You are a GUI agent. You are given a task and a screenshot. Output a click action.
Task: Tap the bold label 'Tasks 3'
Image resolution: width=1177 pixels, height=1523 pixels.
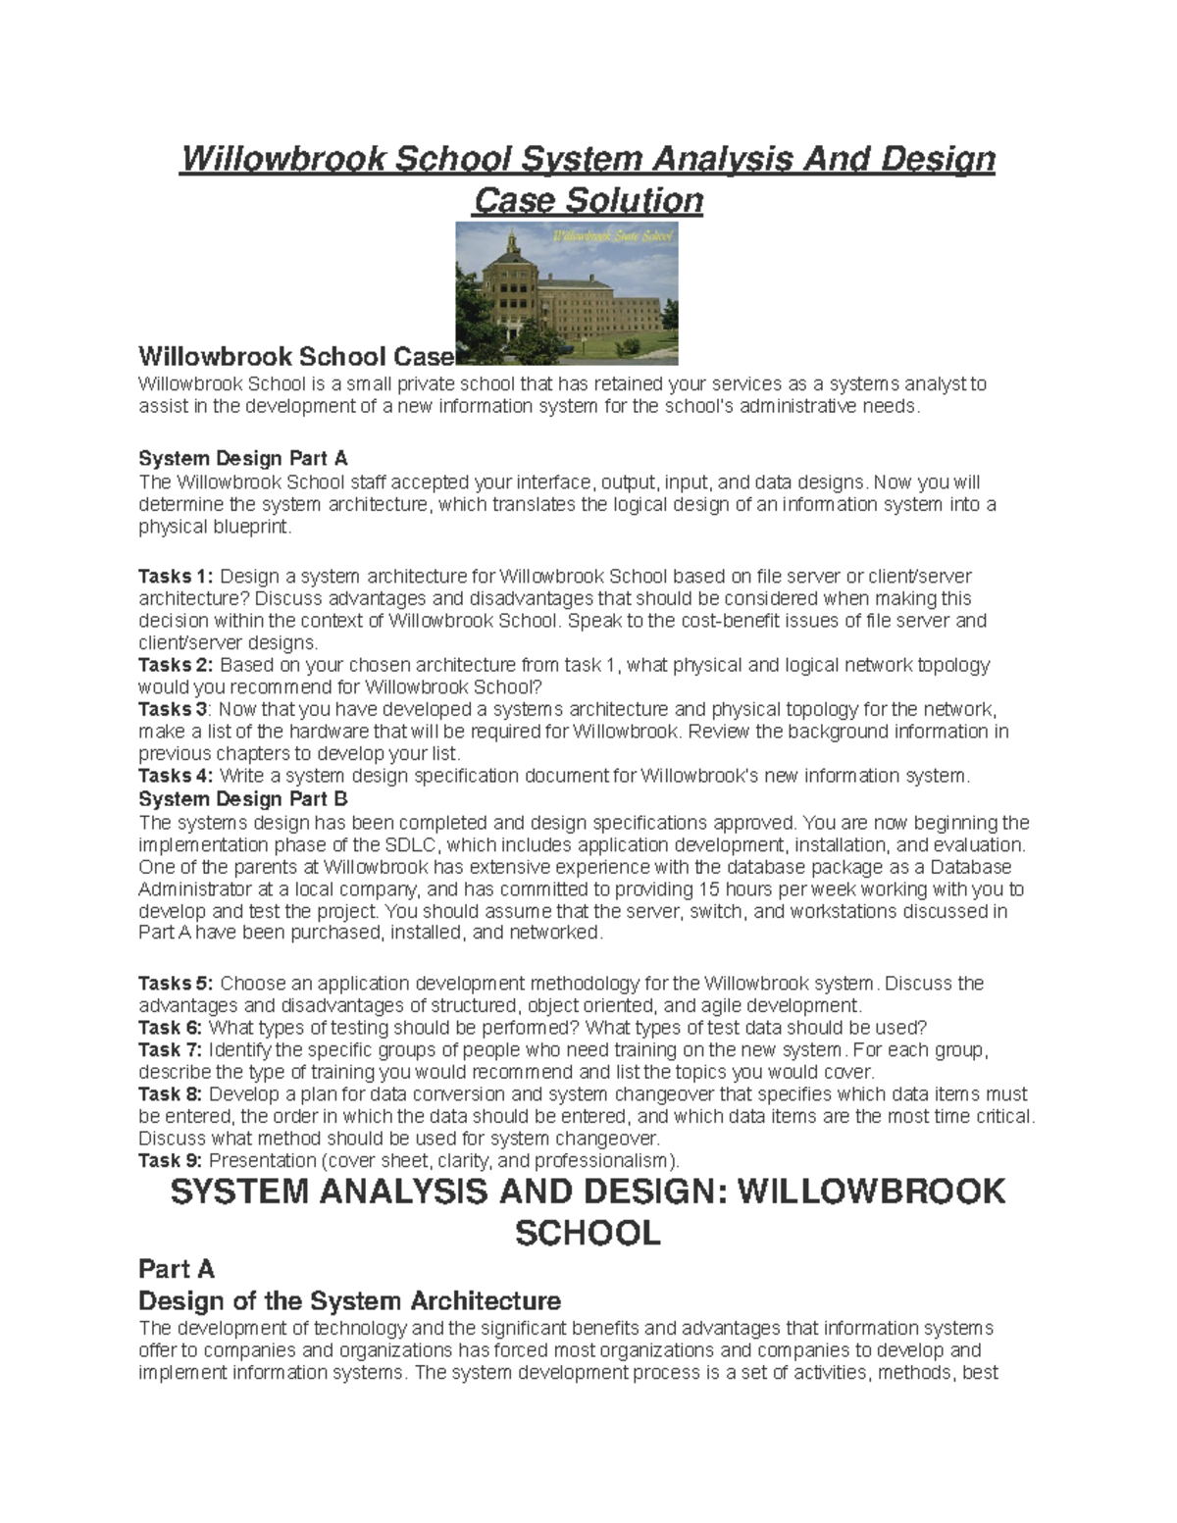173,709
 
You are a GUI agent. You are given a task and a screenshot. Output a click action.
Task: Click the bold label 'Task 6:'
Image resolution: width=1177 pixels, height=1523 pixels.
171,1028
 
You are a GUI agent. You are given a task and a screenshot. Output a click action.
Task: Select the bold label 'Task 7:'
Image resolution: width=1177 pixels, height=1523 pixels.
171,1050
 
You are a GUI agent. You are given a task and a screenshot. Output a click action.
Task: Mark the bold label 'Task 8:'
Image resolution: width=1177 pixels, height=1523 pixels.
171,1094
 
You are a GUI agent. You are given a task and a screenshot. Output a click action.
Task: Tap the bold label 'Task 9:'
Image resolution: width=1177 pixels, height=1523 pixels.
171,1161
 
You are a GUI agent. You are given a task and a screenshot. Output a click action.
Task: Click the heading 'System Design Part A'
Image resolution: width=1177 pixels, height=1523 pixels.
243,458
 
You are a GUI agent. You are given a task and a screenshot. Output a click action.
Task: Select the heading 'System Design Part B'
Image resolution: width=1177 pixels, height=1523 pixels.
243,798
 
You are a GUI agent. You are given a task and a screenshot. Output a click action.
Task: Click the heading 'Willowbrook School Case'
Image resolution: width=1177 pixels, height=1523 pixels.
295,355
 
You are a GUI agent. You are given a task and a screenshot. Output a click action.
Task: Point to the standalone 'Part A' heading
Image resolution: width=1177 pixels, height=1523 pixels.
177,1269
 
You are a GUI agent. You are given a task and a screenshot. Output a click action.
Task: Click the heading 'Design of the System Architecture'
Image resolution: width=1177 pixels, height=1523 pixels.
350,1301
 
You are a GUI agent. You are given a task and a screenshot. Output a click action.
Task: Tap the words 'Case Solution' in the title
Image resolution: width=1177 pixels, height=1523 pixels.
588,201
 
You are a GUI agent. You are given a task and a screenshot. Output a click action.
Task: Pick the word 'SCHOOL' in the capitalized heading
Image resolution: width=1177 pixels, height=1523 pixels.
588,1233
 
